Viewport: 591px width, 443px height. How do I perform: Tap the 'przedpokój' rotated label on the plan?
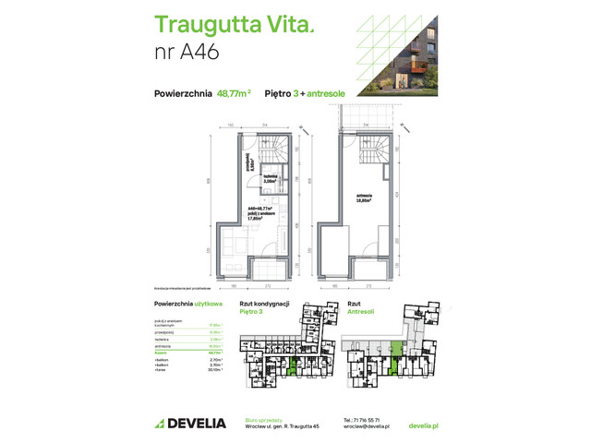click(249, 167)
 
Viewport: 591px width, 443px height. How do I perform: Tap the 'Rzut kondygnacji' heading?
click(265, 304)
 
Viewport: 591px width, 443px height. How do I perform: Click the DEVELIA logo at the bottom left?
click(190, 423)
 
